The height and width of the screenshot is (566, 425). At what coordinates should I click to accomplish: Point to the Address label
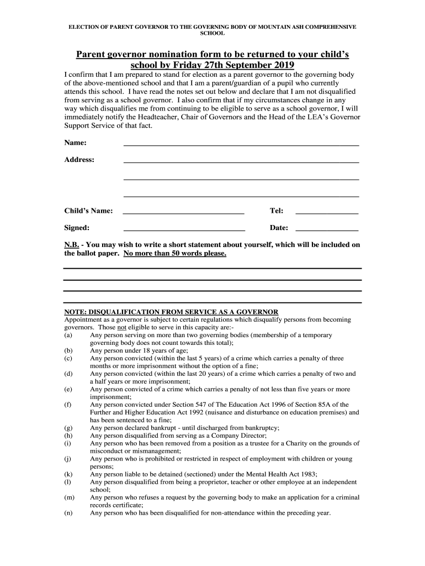(x=79, y=160)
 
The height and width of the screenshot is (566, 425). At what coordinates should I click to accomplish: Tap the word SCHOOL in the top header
(x=212, y=34)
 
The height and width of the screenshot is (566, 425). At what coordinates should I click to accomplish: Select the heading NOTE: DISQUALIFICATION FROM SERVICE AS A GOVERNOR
(x=172, y=312)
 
